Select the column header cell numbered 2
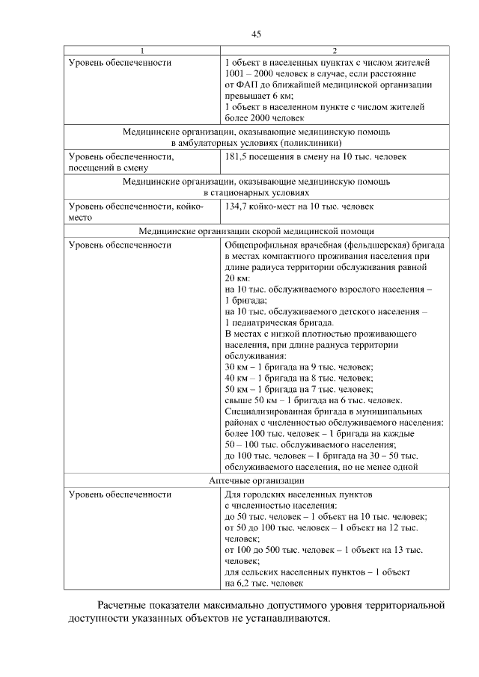point(335,51)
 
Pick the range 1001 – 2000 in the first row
point(251,74)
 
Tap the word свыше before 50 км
point(239,400)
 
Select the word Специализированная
point(266,411)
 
